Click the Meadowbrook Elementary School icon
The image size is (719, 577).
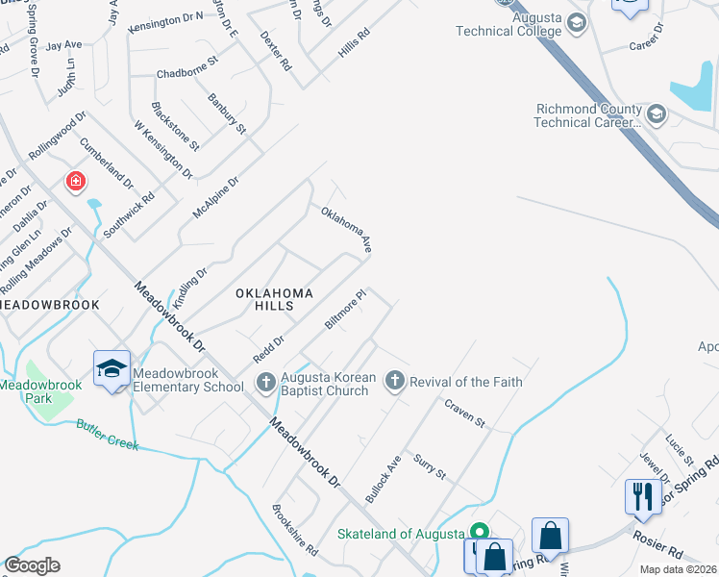(x=112, y=368)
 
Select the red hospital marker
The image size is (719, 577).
(x=75, y=181)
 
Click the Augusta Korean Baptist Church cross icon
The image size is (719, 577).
(x=266, y=383)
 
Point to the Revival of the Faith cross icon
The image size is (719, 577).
(x=394, y=382)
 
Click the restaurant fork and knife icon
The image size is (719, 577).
(x=642, y=496)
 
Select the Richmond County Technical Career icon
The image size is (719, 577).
(x=657, y=115)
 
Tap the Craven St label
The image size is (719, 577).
(x=465, y=415)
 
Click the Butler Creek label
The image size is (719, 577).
(x=108, y=434)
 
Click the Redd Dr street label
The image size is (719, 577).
(x=269, y=348)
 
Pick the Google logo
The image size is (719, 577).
(x=33, y=565)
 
